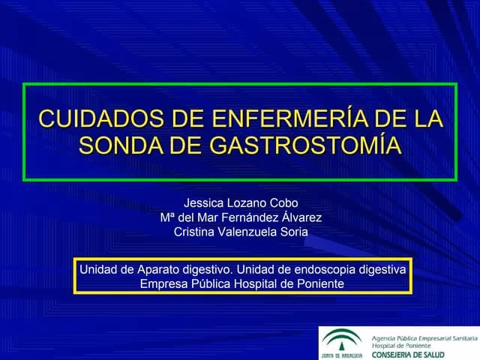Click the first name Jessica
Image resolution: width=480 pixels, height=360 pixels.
tap(203, 202)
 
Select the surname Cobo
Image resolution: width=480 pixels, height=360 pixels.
tap(285, 202)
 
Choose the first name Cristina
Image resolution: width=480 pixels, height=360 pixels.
tap(193, 232)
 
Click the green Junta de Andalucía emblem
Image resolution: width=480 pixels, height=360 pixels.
tap(342, 340)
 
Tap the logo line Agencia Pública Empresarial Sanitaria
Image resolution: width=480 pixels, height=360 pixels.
tap(420, 332)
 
